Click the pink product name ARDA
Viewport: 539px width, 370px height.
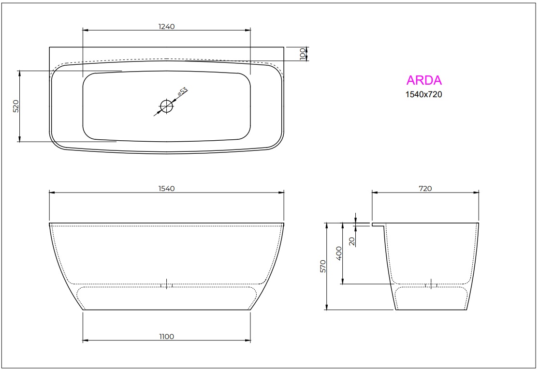424,80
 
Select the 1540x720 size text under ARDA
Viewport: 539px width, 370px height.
423,94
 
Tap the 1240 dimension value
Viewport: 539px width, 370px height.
166,27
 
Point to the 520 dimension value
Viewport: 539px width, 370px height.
15,106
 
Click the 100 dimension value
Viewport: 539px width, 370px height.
303,54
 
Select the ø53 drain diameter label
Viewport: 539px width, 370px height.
182,93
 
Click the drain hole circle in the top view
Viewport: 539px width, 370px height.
166,106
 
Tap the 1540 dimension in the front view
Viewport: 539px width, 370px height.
166,189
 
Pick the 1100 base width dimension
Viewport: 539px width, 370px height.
166,337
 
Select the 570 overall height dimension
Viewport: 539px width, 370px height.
323,266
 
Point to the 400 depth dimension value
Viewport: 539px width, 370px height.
339,252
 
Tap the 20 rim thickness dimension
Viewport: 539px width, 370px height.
351,241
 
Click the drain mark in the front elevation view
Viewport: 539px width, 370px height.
166,284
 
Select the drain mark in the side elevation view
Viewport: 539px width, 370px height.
431,284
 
